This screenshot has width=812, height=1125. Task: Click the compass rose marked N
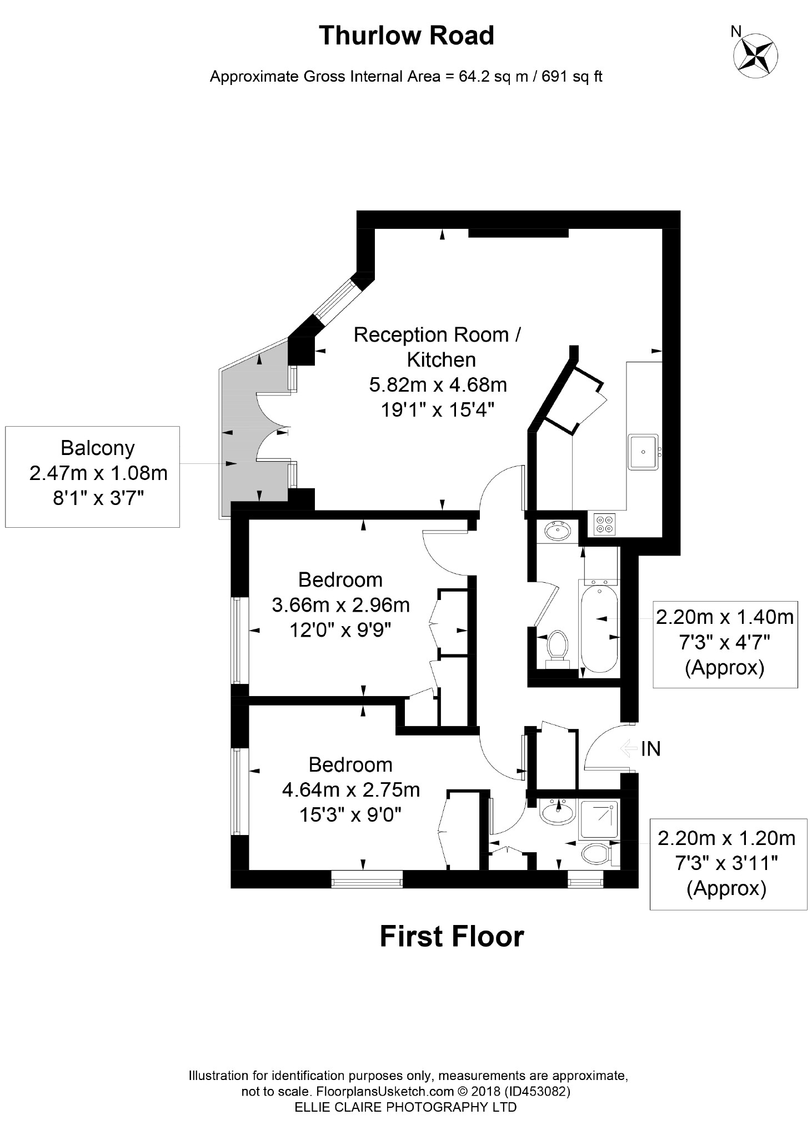(755, 54)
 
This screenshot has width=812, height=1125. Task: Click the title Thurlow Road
(406, 36)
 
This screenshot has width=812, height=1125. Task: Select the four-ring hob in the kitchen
(604, 524)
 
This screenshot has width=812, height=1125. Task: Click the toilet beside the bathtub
(557, 648)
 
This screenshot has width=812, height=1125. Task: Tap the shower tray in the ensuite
(599, 819)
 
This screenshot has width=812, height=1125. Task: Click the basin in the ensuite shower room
(558, 814)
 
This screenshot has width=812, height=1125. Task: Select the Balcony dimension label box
(92, 476)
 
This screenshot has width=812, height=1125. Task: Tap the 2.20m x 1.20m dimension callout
(728, 863)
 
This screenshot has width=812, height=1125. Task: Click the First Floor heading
(452, 936)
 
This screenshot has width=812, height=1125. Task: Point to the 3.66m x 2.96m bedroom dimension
(340, 604)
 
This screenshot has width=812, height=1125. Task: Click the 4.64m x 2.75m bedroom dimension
(350, 789)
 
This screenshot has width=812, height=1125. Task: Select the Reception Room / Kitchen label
(438, 347)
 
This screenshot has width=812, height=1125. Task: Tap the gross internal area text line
(406, 77)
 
